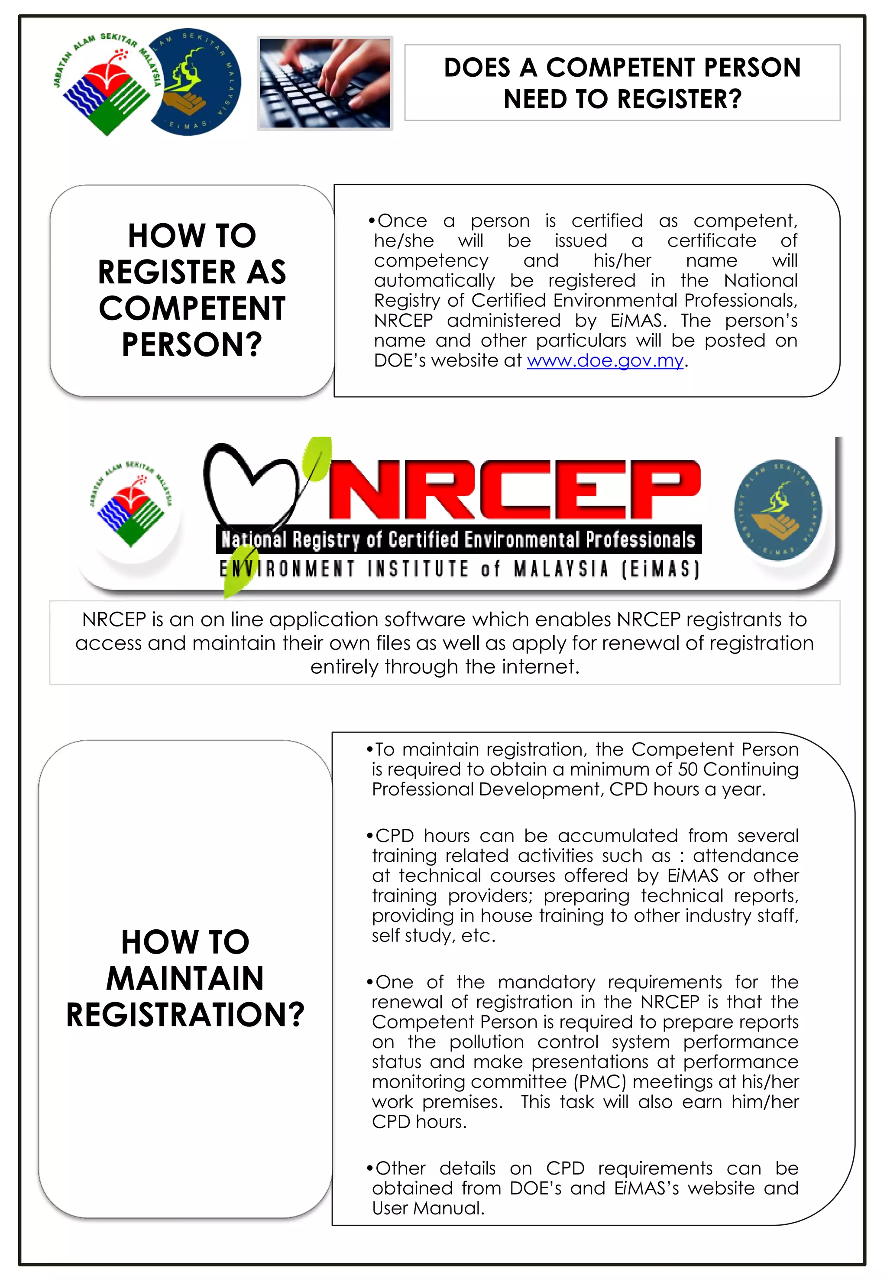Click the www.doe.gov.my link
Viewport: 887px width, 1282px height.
pyautogui.click(x=605, y=361)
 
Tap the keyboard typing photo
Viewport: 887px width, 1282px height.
pyautogui.click(x=325, y=83)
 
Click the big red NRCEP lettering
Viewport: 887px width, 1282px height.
pyautogui.click(x=514, y=490)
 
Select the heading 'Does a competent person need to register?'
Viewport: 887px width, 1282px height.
pyautogui.click(x=622, y=83)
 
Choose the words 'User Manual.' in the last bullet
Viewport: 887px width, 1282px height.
pyautogui.click(x=428, y=1208)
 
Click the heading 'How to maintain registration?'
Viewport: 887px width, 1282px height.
pyautogui.click(x=185, y=978)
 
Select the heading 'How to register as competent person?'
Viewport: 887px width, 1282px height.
pyautogui.click(x=192, y=290)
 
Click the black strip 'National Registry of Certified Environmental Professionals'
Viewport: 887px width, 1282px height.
pyautogui.click(x=459, y=539)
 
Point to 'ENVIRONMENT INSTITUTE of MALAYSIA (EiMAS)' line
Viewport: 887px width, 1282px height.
pyautogui.click(x=459, y=569)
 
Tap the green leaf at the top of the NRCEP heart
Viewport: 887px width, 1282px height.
pyautogui.click(x=317, y=459)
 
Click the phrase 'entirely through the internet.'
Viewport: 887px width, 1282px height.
pyautogui.click(x=445, y=667)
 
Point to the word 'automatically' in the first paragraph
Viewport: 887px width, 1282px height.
pyautogui.click(x=434, y=281)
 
